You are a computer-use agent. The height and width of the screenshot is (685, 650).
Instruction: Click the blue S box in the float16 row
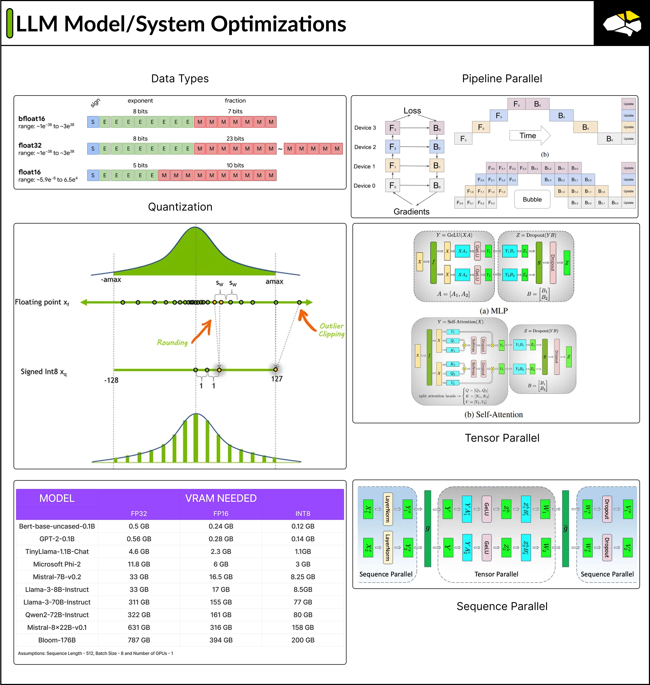(x=93, y=175)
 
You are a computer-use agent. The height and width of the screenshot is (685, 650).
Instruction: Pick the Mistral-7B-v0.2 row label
(x=57, y=576)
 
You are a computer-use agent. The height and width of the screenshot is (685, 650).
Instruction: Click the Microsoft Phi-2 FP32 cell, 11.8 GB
(x=139, y=564)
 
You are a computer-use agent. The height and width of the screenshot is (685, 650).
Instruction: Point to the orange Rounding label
(x=172, y=343)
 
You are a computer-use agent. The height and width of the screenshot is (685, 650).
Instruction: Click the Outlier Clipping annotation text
(x=331, y=330)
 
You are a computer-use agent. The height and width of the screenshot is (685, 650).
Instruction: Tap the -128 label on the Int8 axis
(x=111, y=380)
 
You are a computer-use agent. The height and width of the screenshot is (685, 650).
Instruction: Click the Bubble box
(x=532, y=199)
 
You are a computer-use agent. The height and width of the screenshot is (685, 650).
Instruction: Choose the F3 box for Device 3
(x=393, y=128)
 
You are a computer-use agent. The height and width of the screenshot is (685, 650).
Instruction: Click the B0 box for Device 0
(x=437, y=186)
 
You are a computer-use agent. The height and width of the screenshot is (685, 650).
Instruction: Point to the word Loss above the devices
(x=412, y=111)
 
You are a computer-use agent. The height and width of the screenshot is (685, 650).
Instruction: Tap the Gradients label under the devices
(x=411, y=212)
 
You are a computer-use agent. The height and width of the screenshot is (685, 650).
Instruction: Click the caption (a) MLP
(x=494, y=311)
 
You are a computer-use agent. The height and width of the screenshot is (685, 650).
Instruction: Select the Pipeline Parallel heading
(x=502, y=78)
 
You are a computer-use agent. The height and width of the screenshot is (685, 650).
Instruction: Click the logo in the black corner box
(x=622, y=23)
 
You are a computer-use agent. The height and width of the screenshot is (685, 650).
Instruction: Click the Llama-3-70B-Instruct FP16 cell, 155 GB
(x=221, y=602)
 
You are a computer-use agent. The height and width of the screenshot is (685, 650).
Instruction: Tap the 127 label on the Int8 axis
(x=276, y=379)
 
